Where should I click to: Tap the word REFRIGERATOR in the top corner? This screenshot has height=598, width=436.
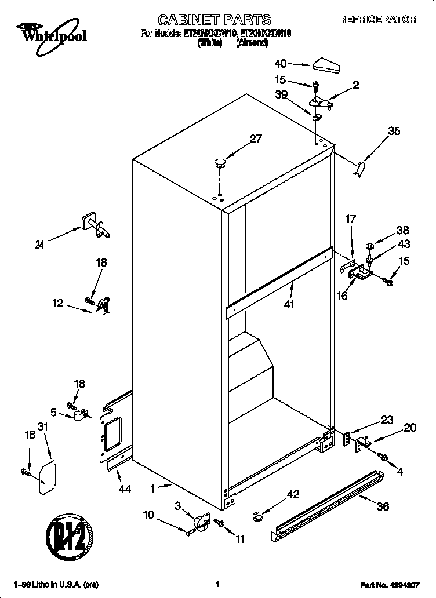[x=377, y=20]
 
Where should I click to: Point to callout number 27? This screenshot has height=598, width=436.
[x=256, y=138]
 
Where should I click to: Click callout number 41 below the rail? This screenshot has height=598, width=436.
[x=289, y=303]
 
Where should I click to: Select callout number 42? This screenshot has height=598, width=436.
[x=293, y=494]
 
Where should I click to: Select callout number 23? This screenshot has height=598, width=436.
[x=387, y=421]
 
